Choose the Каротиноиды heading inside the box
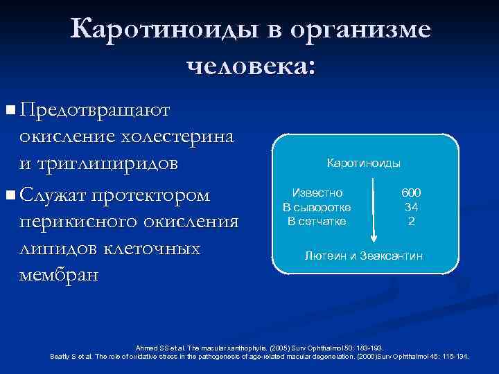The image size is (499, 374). pyautogui.click(x=363, y=163)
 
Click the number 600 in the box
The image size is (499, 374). pyautogui.click(x=411, y=194)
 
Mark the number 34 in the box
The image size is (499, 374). pyautogui.click(x=411, y=207)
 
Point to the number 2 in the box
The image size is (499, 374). pyautogui.click(x=411, y=221)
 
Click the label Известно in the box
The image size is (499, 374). pyautogui.click(x=316, y=194)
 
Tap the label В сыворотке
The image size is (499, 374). pyautogui.click(x=316, y=207)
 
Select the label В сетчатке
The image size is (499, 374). pyautogui.click(x=316, y=221)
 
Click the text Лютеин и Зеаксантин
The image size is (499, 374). pyautogui.click(x=363, y=256)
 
